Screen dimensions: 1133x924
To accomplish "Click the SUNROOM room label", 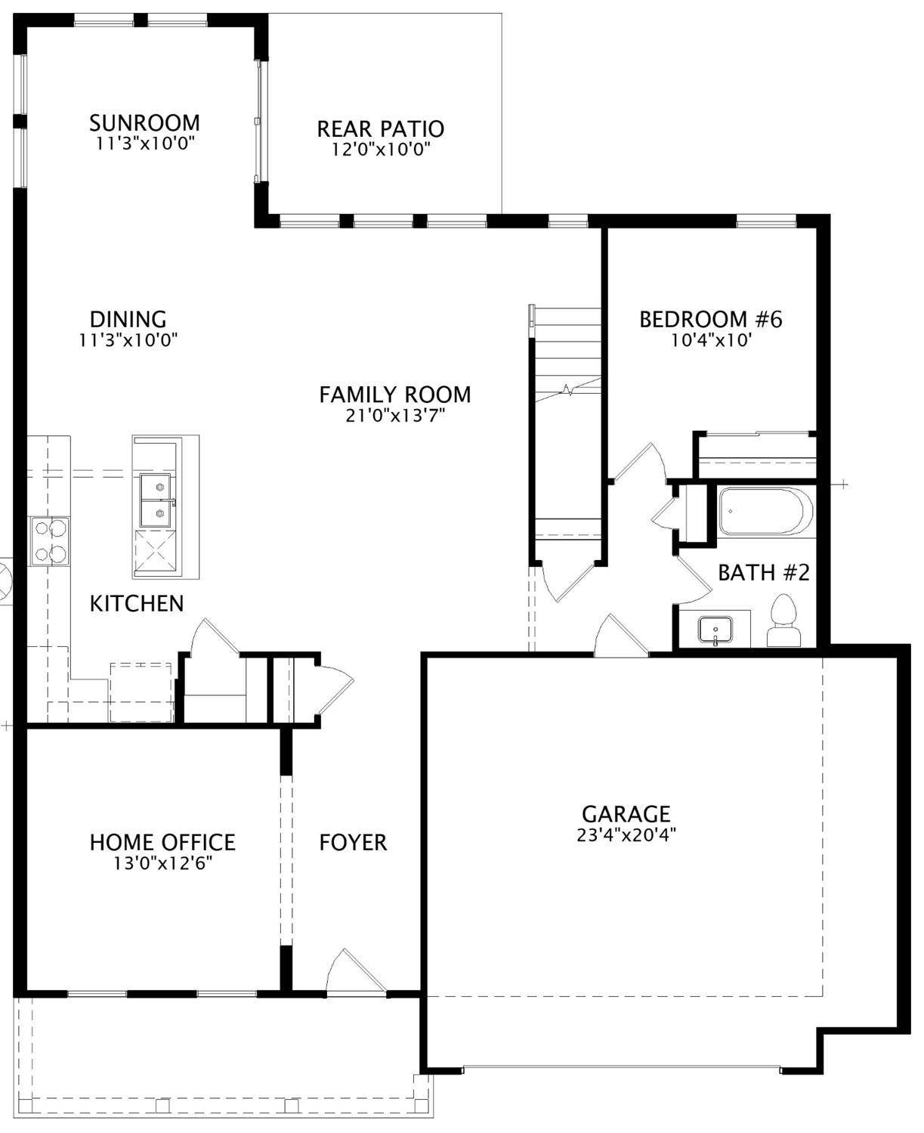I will (x=144, y=122).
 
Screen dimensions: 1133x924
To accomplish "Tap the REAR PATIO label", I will (x=380, y=128).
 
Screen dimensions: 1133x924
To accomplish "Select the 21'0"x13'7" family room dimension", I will (x=395, y=415).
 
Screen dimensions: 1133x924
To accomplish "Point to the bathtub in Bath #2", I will (x=764, y=512).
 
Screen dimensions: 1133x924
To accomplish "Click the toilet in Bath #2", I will (x=783, y=622).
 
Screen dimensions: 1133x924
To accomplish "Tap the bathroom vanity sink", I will (x=715, y=629).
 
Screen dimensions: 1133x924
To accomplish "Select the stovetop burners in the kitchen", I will (x=49, y=540).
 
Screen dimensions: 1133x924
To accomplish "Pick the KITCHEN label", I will (x=137, y=603).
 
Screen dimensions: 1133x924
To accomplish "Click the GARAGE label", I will (x=626, y=813).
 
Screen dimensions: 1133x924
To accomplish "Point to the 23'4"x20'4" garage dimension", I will (x=626, y=835).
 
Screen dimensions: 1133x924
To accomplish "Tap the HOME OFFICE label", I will (x=162, y=842).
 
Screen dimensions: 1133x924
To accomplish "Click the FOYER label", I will (x=353, y=842).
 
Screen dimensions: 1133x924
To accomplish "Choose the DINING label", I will (x=128, y=319).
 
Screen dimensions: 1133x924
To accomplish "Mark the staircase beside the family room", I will (x=567, y=423).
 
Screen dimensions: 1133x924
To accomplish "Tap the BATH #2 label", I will (x=763, y=573).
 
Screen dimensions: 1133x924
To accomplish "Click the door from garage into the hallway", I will (x=620, y=637).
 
